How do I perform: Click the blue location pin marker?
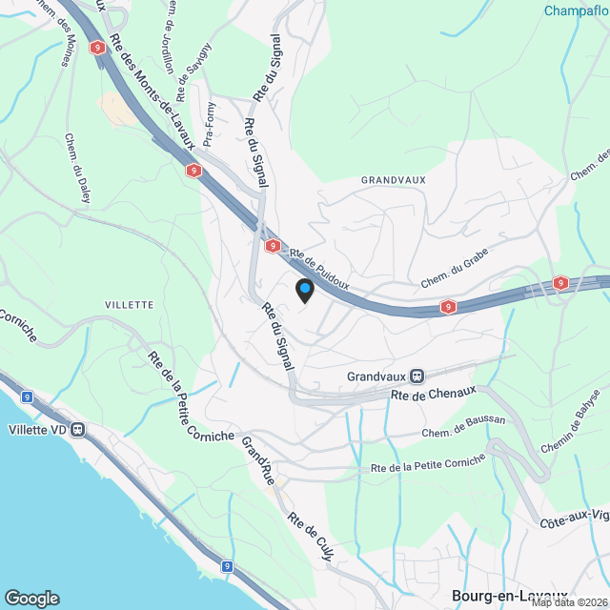click(x=304, y=290)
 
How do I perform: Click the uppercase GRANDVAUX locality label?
click(x=393, y=179)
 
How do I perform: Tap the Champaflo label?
click(x=576, y=11)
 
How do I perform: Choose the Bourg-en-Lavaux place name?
click(x=509, y=595)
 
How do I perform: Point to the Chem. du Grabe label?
click(x=455, y=276)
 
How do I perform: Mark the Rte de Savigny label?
click(x=198, y=65)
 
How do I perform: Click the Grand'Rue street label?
click(x=258, y=461)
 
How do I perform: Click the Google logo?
click(x=31, y=598)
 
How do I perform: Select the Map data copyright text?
click(x=569, y=602)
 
